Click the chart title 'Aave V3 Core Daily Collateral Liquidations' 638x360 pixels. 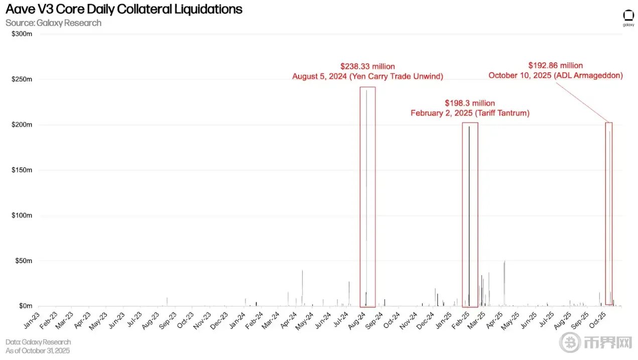124,9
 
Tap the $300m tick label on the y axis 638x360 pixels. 22,34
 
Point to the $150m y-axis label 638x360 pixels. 22,170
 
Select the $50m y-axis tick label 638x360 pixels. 24,261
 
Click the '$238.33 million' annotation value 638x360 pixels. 367,66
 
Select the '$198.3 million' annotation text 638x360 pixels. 470,103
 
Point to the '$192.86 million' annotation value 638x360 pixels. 556,65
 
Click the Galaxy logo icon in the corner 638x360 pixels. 628,16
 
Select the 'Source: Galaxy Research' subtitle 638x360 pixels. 53,23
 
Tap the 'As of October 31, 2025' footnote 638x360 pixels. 38,350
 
